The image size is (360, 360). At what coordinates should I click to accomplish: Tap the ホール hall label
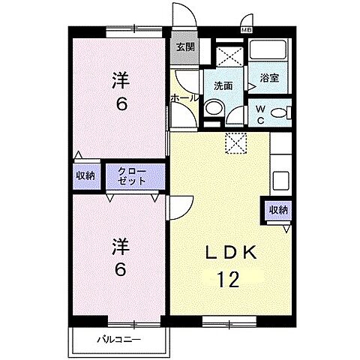point(184,98)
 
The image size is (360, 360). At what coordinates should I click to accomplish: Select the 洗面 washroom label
point(223,85)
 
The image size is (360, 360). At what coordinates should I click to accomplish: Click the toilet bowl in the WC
point(279,113)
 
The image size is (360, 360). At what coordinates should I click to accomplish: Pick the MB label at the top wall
point(247,29)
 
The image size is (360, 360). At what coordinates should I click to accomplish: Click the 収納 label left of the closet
point(85,175)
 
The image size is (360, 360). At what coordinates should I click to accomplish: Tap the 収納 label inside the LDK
point(278,210)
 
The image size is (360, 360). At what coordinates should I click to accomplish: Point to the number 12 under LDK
point(229,280)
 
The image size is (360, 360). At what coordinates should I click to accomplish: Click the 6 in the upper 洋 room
point(120,103)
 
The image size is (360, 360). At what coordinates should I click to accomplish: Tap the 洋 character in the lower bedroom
point(120,245)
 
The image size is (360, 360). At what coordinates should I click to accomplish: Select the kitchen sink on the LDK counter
point(280,181)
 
